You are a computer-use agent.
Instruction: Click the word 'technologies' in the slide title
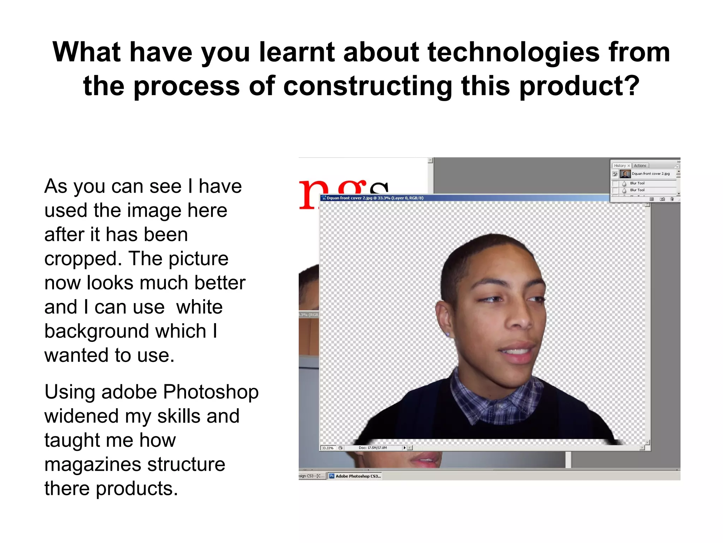click(513, 52)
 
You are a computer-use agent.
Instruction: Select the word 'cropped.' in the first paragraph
click(83, 259)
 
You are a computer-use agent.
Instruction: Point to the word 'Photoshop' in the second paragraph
click(211, 392)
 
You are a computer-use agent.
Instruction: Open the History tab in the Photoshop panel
click(620, 165)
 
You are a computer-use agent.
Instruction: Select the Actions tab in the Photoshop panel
click(640, 165)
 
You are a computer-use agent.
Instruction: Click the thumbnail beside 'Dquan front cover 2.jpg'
click(625, 174)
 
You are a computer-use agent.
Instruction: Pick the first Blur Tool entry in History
click(637, 183)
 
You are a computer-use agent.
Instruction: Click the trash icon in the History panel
click(672, 199)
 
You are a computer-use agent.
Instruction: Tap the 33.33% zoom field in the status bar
click(328, 448)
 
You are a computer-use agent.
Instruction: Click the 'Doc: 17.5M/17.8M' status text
click(372, 448)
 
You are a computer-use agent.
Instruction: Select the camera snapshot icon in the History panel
click(662, 199)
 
